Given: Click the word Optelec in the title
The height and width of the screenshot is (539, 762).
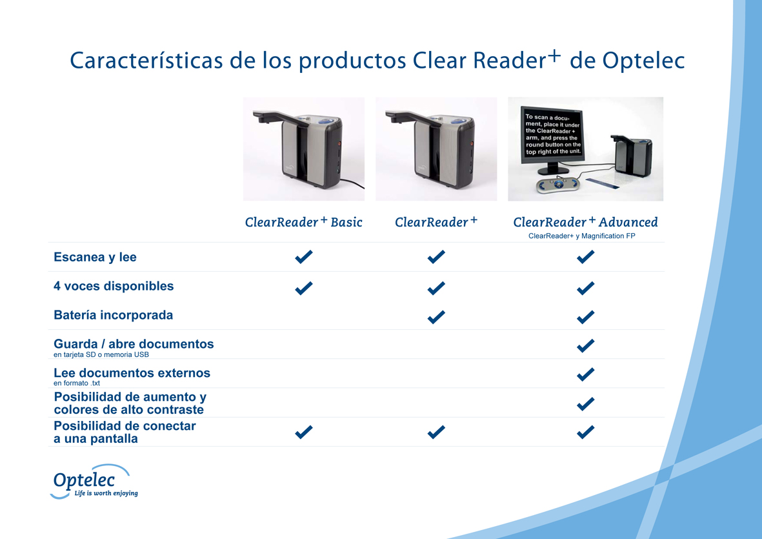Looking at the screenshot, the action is pos(643,61).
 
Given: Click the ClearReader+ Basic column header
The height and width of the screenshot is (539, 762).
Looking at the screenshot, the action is pos(304,222).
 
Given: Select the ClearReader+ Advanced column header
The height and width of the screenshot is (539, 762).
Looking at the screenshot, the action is pos(585,222).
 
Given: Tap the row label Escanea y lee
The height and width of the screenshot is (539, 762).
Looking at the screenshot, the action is pos(95,257).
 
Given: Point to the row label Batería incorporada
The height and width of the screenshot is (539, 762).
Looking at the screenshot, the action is pos(113,315).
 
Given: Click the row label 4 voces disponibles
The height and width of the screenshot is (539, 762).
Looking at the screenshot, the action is pos(114,286).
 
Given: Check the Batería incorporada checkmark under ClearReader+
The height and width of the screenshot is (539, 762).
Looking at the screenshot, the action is pos(436,317).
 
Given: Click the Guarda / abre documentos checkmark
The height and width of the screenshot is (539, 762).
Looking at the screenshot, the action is pos(585,345).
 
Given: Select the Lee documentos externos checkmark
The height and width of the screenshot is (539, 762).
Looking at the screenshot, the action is pos(585,374).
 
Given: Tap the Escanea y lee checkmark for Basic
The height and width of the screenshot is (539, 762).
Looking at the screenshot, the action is pos(304,257).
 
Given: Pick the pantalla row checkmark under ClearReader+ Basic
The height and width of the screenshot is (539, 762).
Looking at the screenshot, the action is pos(304,432).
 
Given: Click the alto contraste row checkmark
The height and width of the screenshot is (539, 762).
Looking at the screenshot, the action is pos(585,403).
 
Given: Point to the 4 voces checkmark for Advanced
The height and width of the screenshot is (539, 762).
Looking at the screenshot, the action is pos(585,288).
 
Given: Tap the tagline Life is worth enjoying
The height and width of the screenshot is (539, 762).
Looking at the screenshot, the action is pos(106,493).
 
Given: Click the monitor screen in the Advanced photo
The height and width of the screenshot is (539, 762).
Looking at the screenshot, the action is pos(552,135).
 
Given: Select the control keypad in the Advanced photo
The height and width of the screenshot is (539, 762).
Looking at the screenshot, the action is pos(557,185).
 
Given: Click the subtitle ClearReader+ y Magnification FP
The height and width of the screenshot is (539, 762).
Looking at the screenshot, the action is pos(582,236).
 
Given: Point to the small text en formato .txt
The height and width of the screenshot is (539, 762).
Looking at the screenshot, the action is pos(77,383).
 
